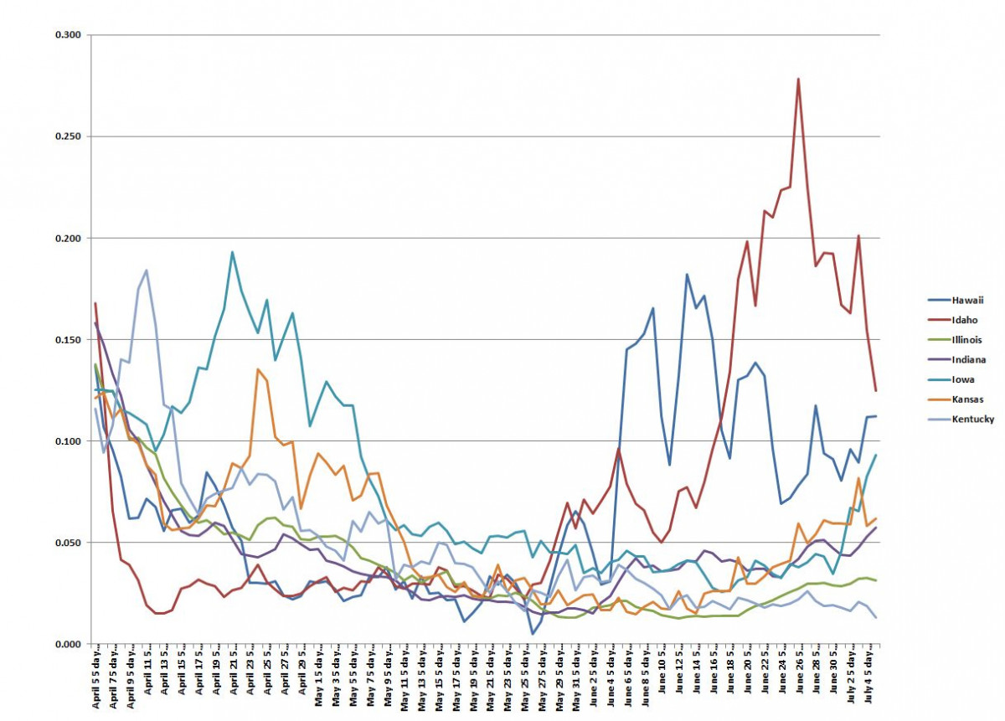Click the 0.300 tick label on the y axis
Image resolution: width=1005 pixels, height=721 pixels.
tap(70, 35)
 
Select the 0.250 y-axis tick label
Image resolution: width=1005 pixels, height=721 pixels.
tap(70, 136)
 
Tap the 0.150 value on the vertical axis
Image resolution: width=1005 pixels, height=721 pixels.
tap(70, 340)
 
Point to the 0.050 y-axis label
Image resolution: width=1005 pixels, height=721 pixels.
tap(70, 543)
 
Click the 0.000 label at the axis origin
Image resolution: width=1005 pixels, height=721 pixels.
tap(70, 644)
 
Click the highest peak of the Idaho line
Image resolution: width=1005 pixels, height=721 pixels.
tap(798, 79)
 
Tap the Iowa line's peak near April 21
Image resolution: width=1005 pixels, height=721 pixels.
tap(232, 252)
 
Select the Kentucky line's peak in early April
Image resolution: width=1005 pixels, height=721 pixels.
tap(147, 270)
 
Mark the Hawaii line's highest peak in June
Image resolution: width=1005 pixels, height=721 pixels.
tap(687, 274)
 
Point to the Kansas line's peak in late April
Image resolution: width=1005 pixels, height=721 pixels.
tap(258, 369)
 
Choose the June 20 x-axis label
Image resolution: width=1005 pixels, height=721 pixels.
tap(748, 679)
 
